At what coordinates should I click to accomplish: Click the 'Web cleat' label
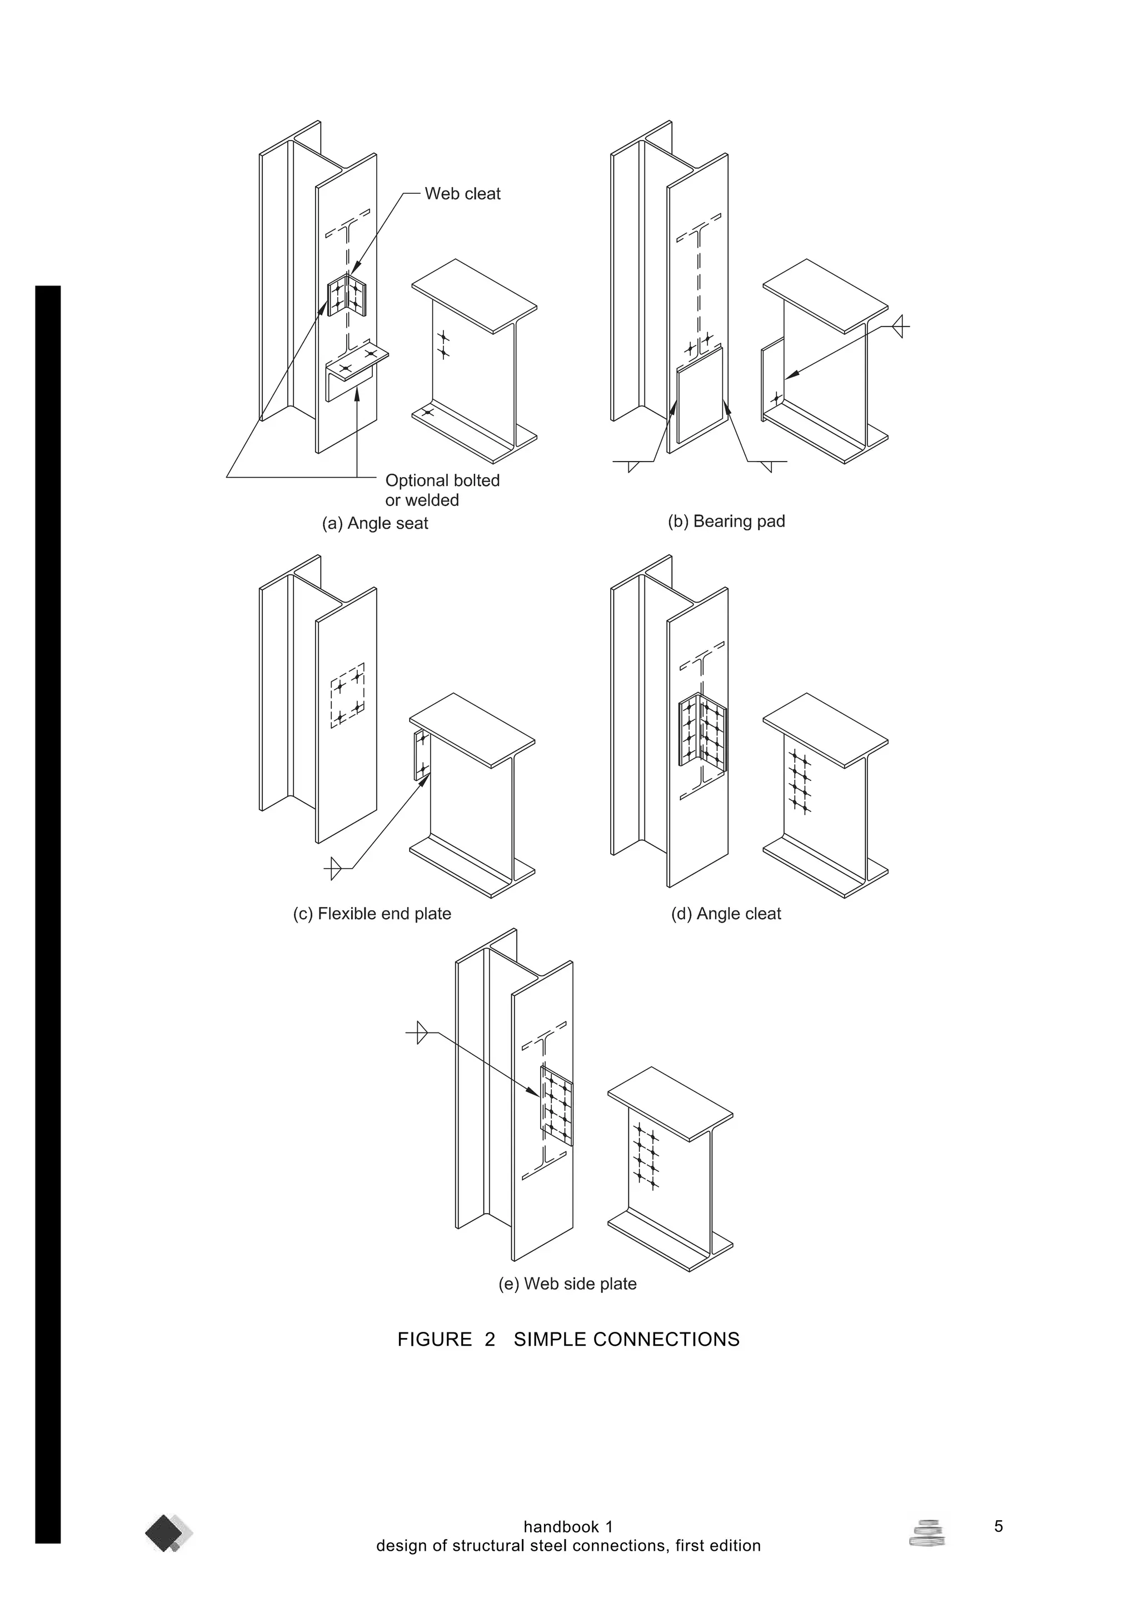tap(462, 194)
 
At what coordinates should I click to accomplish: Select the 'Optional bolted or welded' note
tap(442, 490)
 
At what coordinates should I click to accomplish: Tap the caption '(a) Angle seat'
tap(375, 524)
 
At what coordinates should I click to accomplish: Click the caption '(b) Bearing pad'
tap(726, 522)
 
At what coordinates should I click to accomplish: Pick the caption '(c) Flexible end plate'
tap(372, 914)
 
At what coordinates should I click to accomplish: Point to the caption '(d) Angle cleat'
tap(726, 914)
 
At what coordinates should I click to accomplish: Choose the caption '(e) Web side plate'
tap(567, 1284)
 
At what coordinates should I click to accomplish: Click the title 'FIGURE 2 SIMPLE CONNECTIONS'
tap(568, 1339)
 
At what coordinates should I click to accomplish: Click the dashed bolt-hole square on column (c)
tap(348, 695)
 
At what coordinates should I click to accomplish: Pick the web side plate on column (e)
tap(556, 1107)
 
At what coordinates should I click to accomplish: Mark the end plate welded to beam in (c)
tap(421, 754)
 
